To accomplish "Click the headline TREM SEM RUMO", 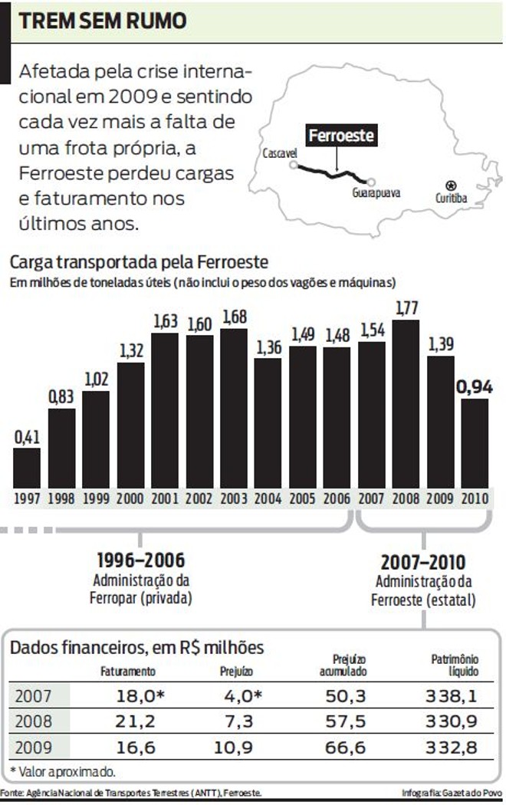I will point(103,21).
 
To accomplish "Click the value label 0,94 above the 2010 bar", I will point(474,387).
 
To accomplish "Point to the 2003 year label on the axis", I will point(233,498).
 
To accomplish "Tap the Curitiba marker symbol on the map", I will point(450,185).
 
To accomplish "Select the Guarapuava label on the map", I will point(376,194).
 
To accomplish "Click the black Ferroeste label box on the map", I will point(341,136).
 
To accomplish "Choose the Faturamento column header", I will point(128,671).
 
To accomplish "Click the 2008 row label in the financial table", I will point(33,722).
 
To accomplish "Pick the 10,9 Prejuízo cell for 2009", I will point(237,747).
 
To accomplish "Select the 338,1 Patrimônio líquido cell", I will point(450,696).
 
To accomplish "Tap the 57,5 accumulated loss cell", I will point(343,722).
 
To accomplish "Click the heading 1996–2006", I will point(140,560).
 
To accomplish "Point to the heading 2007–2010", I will point(423,562).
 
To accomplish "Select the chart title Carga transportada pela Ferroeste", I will point(139,262).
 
